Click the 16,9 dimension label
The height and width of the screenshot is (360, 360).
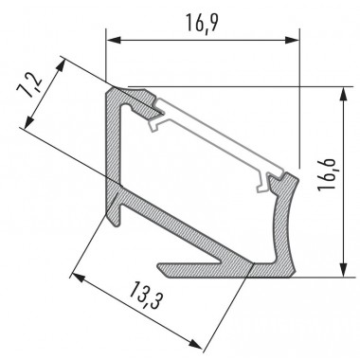point(199,20)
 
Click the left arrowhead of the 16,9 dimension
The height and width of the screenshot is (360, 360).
point(112,40)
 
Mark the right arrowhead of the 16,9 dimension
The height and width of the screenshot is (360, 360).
point(293,40)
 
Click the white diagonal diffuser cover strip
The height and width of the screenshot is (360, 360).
point(218,133)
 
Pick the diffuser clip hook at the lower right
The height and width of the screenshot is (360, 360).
point(276,180)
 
